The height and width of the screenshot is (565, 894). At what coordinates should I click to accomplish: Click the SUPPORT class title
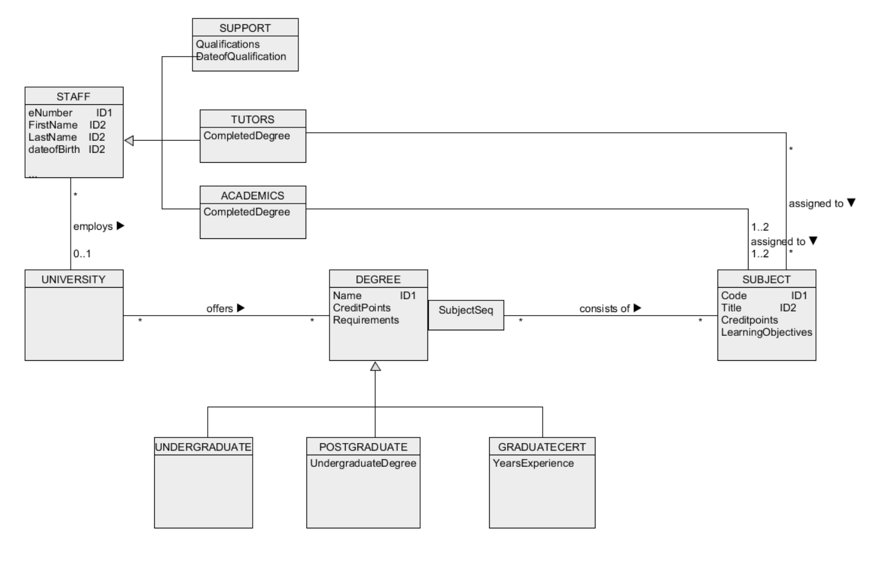point(245,28)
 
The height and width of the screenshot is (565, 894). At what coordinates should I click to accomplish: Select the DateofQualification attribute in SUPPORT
point(241,57)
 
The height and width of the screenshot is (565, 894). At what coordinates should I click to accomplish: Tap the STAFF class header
point(73,96)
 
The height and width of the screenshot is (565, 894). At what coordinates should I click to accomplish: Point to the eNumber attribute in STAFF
point(51,113)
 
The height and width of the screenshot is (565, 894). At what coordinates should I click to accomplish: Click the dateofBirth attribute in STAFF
point(54,149)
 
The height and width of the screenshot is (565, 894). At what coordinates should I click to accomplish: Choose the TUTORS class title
point(252,119)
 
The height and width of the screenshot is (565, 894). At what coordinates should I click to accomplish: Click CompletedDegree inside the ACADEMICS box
point(247,212)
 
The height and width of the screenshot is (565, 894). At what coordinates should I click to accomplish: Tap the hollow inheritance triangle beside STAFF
point(129,141)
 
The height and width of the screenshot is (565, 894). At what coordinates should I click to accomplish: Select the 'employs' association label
point(93,226)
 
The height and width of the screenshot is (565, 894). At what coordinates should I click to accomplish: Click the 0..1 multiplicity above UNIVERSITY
point(82,254)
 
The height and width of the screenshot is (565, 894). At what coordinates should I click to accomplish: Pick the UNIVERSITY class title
point(73,279)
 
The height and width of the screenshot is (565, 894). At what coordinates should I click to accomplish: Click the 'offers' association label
point(220,308)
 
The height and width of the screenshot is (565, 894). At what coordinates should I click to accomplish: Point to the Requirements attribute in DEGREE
point(365,320)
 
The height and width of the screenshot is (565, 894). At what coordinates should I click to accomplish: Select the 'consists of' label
point(604,308)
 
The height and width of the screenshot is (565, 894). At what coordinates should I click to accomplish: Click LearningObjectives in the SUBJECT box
point(766,332)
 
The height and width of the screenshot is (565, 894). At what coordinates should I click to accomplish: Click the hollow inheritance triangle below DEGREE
point(376,366)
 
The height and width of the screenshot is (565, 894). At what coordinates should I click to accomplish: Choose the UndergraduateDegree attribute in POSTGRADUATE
point(363,463)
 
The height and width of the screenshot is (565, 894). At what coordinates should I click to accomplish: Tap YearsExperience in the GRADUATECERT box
point(533,463)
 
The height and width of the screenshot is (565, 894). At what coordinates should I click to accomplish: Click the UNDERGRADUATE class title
point(203,447)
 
